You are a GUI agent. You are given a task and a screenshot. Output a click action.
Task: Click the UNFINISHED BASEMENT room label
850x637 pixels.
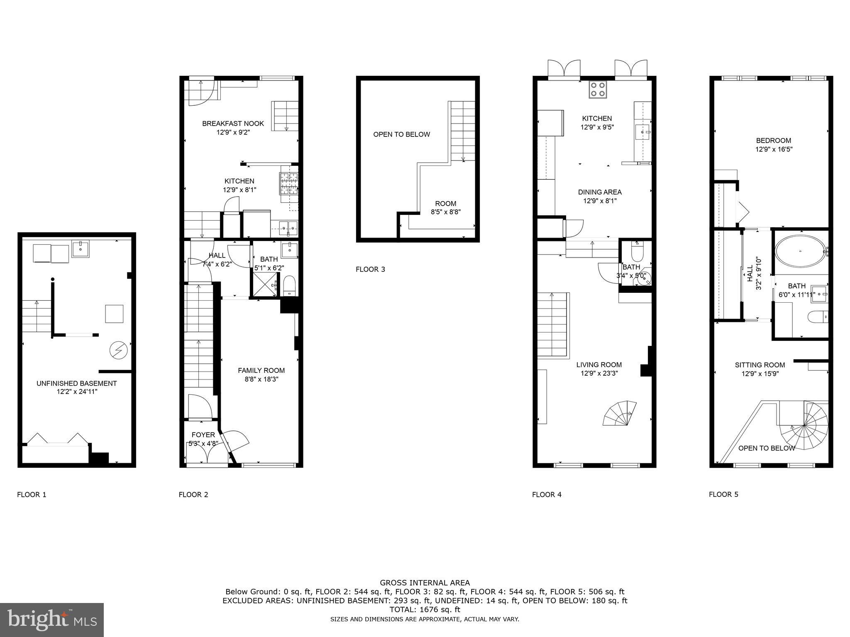(x=76, y=383)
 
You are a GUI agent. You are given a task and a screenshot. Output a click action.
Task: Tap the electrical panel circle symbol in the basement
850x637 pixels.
(x=118, y=350)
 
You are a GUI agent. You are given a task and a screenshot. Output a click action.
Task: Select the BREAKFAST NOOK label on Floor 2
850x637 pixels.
(x=233, y=124)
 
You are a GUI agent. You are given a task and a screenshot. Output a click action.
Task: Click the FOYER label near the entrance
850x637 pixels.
(x=203, y=435)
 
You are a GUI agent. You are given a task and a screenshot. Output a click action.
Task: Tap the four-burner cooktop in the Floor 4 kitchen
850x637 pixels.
(x=598, y=89)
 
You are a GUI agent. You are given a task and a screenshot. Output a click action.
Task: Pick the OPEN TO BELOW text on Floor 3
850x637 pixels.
(x=401, y=134)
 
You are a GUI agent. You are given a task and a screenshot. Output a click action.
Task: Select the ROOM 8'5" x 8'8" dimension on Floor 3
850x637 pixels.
(x=445, y=212)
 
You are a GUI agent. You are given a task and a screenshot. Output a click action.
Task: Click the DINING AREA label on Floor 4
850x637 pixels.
(x=600, y=192)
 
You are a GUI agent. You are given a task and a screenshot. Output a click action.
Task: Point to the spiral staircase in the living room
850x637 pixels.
(x=620, y=413)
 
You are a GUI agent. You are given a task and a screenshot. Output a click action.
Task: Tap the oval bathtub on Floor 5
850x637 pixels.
(x=800, y=250)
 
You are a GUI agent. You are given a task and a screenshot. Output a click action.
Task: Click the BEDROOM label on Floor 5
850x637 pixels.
(x=773, y=141)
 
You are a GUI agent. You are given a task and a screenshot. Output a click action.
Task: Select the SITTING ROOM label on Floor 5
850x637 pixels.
(x=760, y=365)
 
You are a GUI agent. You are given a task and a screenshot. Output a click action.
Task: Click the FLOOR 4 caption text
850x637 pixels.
(x=547, y=494)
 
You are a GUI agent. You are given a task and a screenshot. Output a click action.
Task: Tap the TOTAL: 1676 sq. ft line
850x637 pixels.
(x=425, y=610)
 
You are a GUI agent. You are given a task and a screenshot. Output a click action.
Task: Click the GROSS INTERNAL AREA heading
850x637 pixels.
(x=425, y=583)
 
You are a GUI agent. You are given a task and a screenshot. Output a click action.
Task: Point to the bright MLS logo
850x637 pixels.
(x=52, y=620)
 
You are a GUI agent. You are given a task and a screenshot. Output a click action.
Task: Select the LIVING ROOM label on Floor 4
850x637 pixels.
(x=598, y=365)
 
